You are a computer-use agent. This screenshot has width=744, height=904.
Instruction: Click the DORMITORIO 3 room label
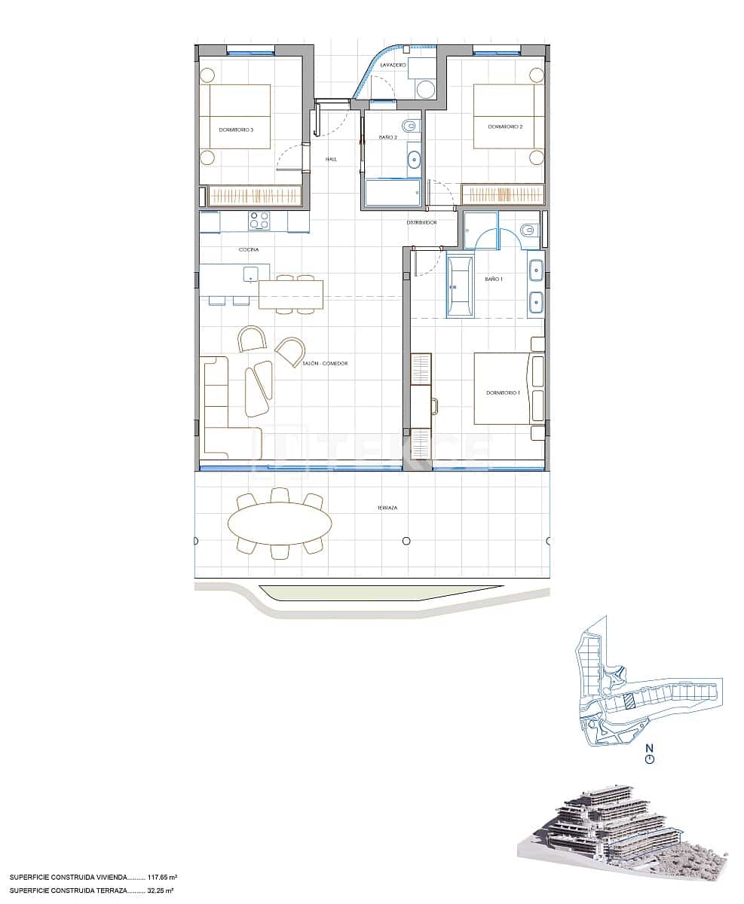click(x=236, y=130)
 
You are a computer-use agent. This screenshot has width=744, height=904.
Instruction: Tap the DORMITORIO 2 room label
click(x=505, y=127)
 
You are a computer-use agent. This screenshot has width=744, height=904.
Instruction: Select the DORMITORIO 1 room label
click(x=503, y=393)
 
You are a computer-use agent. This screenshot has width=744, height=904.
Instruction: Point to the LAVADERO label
click(x=393, y=66)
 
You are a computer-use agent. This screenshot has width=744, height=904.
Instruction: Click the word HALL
click(x=331, y=160)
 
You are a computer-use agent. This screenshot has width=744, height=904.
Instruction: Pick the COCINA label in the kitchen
click(x=249, y=249)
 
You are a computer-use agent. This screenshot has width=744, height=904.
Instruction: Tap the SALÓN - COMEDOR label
click(x=325, y=364)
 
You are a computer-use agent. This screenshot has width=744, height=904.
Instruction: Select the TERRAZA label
click(x=388, y=508)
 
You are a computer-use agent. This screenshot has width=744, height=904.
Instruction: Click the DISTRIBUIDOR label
click(x=422, y=223)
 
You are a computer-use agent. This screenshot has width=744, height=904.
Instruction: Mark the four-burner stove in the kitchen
click(x=259, y=221)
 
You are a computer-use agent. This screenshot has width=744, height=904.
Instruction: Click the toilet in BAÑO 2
click(x=410, y=125)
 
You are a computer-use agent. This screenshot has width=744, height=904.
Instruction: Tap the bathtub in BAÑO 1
click(x=460, y=286)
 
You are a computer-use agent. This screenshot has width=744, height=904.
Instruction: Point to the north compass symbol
click(x=650, y=759)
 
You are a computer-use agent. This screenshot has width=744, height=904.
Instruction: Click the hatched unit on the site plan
click(x=628, y=701)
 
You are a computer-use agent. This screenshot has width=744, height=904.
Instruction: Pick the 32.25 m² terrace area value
click(x=160, y=890)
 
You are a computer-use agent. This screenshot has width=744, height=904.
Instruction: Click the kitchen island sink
click(x=251, y=273)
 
